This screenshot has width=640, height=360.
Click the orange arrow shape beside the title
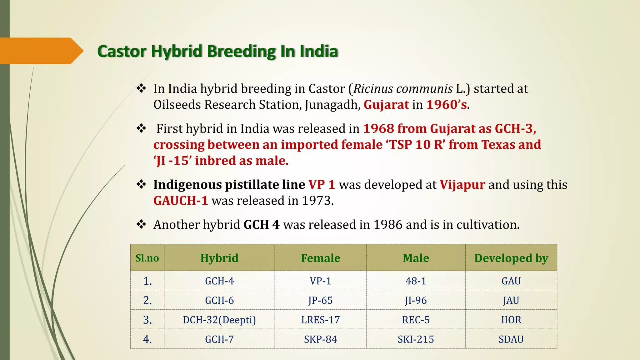tap(41, 51)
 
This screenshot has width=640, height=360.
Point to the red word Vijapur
tap(462, 185)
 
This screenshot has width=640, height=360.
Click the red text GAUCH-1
tap(181, 201)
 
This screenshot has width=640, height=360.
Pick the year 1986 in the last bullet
tap(388, 225)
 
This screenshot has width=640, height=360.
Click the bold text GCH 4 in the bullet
tap(262, 225)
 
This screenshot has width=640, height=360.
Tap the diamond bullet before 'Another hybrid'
tap(141, 224)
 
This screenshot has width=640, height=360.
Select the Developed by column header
tap(511, 258)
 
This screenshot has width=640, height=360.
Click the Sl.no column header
tap(147, 258)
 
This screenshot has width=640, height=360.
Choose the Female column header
tap(320, 258)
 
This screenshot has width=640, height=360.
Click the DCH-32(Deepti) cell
tap(219, 320)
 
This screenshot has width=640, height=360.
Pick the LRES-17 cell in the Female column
tap(320, 320)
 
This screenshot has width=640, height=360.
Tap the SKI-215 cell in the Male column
tap(416, 339)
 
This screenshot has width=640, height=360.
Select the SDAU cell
tap(511, 339)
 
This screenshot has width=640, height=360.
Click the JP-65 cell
tap(320, 300)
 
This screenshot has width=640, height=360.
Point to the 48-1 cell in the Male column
tap(416, 281)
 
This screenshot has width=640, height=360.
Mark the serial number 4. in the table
tap(147, 339)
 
